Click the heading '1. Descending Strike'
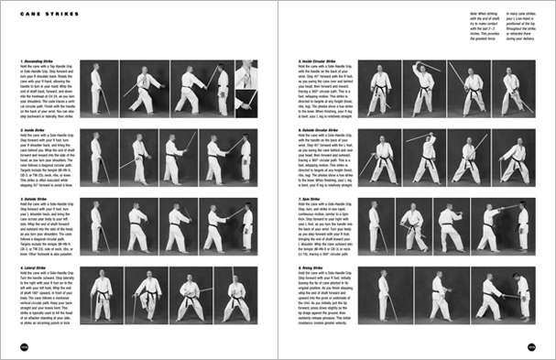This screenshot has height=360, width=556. [x=38, y=62]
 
